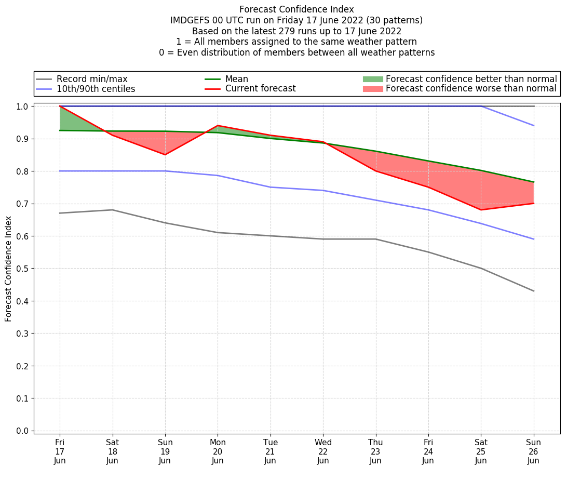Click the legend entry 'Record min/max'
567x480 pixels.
(92, 79)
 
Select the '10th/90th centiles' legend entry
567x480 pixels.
(96, 89)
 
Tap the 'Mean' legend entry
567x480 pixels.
(236, 79)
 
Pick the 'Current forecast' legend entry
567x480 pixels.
(260, 89)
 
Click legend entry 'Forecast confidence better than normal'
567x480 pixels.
(471, 79)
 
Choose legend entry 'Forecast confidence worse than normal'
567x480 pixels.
(471, 89)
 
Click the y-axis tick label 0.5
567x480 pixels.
(22, 269)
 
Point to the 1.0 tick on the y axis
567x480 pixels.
(22, 106)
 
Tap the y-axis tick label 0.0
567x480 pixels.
(22, 431)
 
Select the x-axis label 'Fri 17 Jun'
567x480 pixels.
(60, 451)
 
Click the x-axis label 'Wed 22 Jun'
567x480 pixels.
(323, 451)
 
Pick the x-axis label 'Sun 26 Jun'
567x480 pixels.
(533, 451)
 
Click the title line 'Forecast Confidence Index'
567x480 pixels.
(296, 9)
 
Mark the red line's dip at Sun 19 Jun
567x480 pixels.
(165, 155)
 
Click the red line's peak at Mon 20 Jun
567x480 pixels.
(218, 125)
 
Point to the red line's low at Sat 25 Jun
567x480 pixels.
(481, 210)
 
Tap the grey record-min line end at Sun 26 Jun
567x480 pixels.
(533, 291)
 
